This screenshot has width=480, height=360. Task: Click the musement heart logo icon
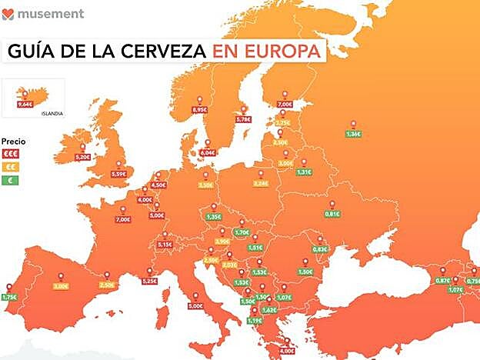click(8, 14)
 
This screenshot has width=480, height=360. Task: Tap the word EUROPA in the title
click(284, 52)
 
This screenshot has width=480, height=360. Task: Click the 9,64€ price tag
click(25, 104)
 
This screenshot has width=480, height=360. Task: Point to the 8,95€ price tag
click(200, 110)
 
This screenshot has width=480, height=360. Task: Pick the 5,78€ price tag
click(244, 119)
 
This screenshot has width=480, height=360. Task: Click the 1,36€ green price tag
click(353, 134)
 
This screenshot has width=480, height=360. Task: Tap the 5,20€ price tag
click(82, 156)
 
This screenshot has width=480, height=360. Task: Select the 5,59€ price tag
click(118, 174)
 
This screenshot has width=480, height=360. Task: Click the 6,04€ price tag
click(207, 152)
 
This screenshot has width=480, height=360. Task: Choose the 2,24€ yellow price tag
click(260, 183)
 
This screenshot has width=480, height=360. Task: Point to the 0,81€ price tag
click(332, 213)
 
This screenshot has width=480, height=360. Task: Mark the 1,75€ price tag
click(8, 297)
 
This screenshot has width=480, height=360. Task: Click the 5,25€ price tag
click(150, 281)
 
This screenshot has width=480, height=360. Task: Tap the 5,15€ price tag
click(165, 244)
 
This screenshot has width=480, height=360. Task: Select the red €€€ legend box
click(11, 153)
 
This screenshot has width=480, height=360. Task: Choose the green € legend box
click(11, 180)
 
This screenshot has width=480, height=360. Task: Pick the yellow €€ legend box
click(11, 166)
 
